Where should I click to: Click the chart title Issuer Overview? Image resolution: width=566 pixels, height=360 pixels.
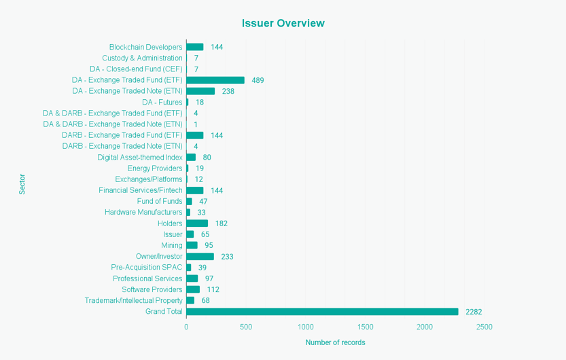(x=283, y=23)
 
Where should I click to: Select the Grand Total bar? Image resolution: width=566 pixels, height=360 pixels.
(x=322, y=312)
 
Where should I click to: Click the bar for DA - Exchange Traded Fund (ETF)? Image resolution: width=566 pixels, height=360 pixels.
(x=215, y=80)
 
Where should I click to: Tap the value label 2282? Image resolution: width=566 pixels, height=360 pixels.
(x=474, y=312)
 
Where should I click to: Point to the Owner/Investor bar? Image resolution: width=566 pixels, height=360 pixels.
(x=200, y=257)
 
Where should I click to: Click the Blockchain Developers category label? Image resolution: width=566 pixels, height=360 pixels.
(x=145, y=47)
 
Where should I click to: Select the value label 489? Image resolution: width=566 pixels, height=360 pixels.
(x=258, y=80)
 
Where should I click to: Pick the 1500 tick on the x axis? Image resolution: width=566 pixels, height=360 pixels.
(x=365, y=327)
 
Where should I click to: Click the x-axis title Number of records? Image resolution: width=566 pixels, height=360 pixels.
(x=335, y=342)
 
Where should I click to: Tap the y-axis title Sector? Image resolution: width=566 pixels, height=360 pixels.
(x=22, y=185)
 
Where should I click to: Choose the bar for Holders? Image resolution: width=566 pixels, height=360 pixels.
(x=197, y=223)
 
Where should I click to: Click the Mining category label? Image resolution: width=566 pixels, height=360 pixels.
(x=171, y=245)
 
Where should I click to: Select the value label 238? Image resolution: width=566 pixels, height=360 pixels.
(x=228, y=91)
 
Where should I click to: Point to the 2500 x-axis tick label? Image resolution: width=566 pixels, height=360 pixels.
(x=484, y=327)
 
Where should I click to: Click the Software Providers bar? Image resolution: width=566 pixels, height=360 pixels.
(x=193, y=289)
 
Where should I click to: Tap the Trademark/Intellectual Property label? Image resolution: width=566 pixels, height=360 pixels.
(x=133, y=300)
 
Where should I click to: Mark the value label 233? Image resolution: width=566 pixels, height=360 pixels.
(x=227, y=257)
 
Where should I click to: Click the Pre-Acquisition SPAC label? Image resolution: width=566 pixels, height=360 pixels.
(x=146, y=268)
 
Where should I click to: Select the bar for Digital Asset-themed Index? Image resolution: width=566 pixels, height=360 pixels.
(x=191, y=158)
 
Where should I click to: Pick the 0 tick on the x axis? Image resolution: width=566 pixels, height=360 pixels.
(x=186, y=327)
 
